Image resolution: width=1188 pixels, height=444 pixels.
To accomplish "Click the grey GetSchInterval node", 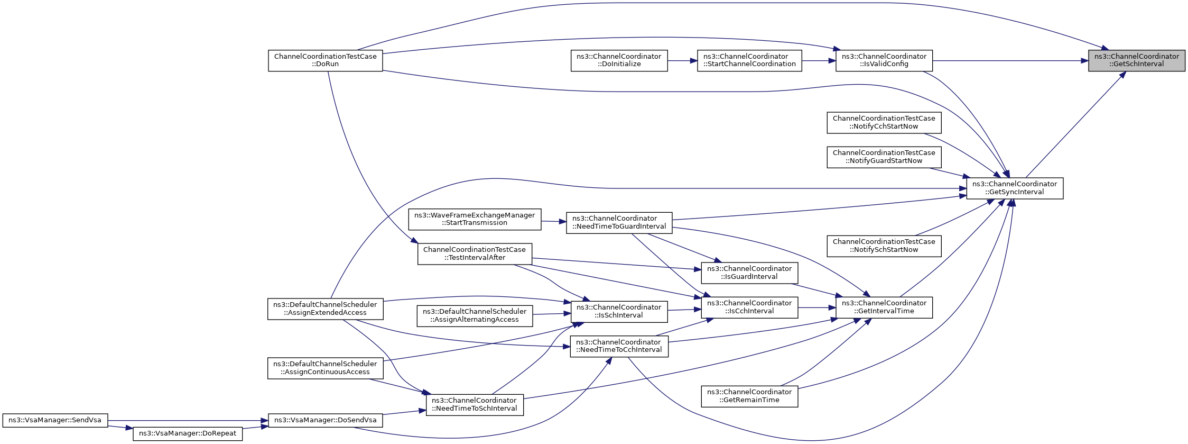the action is (x=1137, y=60).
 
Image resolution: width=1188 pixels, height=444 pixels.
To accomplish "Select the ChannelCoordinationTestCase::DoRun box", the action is (x=326, y=60).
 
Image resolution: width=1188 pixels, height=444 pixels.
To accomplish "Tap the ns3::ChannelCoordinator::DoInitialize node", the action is (x=619, y=60).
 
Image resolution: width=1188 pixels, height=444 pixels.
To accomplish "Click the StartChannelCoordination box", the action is (x=749, y=60).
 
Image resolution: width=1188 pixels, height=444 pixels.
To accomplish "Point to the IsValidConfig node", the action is (x=884, y=60).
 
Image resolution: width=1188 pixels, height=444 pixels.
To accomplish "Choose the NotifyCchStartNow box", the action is (x=884, y=123).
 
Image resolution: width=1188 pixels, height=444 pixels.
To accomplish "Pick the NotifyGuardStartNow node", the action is (x=884, y=157).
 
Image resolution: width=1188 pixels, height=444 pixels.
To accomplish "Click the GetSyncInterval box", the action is (x=1015, y=188).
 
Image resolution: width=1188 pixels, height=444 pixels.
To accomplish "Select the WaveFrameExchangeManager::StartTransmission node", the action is (x=475, y=219).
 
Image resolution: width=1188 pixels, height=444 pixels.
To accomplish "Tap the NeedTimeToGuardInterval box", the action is (x=619, y=223).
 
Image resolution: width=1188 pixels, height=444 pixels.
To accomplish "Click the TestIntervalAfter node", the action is (x=475, y=254).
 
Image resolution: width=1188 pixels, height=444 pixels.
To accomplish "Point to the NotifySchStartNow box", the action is (x=884, y=246).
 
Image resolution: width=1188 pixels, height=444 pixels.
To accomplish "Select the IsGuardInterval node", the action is (x=749, y=273).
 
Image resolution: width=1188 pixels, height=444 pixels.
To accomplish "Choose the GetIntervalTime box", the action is (x=884, y=307).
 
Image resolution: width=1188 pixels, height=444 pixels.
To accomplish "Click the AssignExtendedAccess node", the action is (x=326, y=309).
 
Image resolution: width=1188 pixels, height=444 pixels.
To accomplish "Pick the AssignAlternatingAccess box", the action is (x=475, y=316).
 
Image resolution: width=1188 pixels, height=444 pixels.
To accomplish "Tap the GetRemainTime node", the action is (x=749, y=396).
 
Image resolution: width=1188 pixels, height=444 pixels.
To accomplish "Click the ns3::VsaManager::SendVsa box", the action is (x=55, y=421).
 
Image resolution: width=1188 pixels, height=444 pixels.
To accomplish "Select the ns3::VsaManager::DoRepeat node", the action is (x=188, y=433).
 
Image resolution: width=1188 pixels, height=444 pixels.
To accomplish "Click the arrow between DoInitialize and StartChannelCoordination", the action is (x=682, y=61).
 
